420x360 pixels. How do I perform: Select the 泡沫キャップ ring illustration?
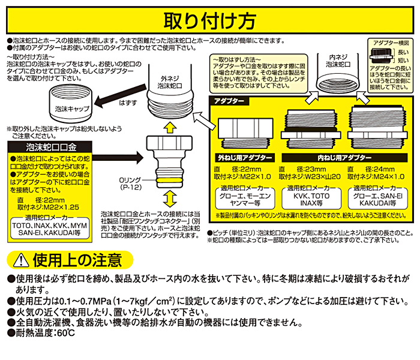pos(71,103)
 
